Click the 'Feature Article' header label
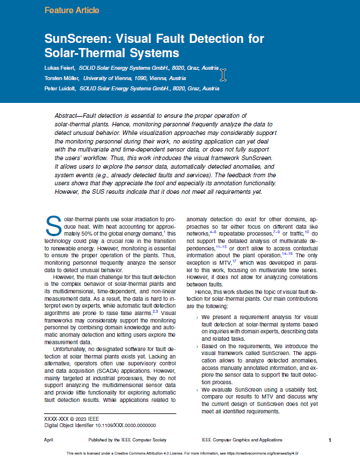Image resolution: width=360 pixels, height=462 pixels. click(x=72, y=10)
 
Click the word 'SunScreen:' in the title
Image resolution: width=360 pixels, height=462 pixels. click(x=80, y=39)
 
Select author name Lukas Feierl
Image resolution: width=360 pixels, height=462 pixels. click(x=59, y=67)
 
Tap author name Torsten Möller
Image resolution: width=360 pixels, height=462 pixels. click(x=62, y=78)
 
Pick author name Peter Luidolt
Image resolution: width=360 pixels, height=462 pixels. click(x=60, y=89)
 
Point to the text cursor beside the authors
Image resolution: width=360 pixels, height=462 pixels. click(x=223, y=74)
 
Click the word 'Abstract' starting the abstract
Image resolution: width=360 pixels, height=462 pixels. click(x=73, y=116)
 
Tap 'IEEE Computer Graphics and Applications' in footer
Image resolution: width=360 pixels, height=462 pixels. click(x=242, y=440)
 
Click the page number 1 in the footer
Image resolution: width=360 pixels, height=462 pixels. click(x=330, y=440)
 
